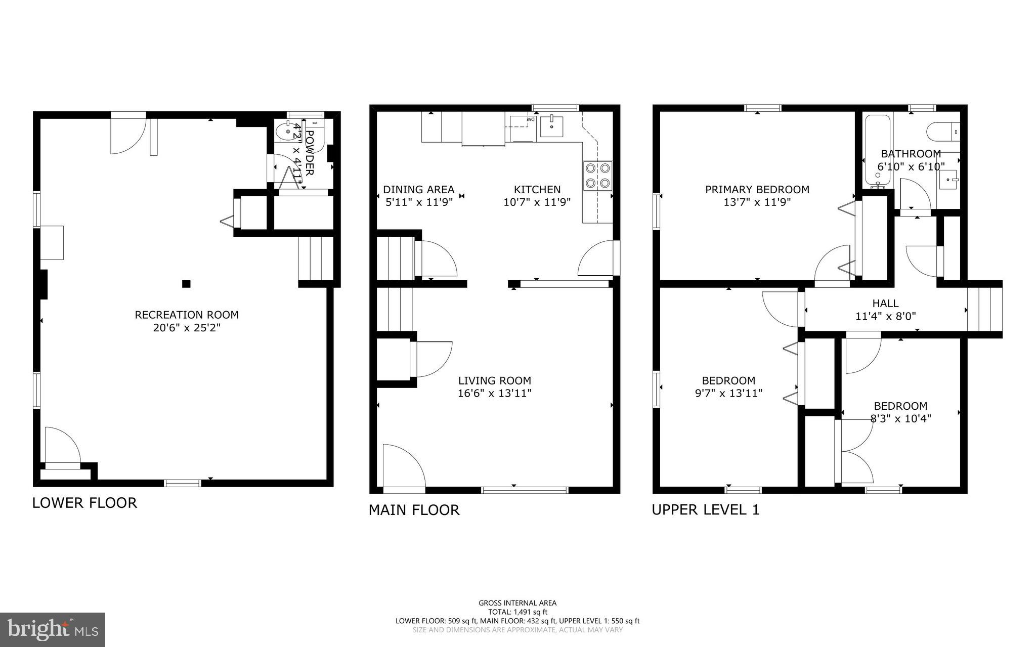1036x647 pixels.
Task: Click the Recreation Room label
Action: point(186,315)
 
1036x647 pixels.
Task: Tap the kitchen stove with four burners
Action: point(597,175)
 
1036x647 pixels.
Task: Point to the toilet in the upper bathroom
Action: point(942,132)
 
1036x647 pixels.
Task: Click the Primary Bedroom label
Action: point(757,190)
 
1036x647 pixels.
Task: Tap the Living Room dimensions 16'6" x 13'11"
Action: point(494,394)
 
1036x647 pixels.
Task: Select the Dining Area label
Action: point(418,190)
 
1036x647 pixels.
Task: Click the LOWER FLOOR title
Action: point(84,503)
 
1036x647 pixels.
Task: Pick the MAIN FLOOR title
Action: point(414,510)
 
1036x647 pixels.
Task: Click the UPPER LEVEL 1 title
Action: point(705,510)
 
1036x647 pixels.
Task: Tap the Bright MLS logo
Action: point(52,629)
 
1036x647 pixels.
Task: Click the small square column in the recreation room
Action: point(186,284)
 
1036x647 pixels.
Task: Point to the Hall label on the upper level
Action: point(885,304)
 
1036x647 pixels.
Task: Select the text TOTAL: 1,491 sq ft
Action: point(517,612)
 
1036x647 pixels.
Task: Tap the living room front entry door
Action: point(404,468)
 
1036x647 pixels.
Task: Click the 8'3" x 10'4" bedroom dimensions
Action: point(900,419)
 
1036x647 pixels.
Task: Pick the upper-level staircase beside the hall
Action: point(984,310)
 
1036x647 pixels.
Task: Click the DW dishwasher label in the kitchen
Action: point(531,119)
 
